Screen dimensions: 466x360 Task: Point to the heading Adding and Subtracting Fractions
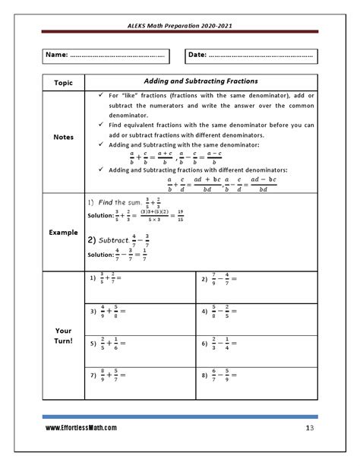click(201, 81)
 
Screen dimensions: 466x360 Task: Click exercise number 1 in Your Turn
click(93, 279)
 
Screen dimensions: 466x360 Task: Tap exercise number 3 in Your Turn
click(93, 311)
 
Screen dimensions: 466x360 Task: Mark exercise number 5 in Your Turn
click(93, 343)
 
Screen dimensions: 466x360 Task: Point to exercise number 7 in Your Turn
click(93, 375)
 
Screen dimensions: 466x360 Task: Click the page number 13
click(310, 428)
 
